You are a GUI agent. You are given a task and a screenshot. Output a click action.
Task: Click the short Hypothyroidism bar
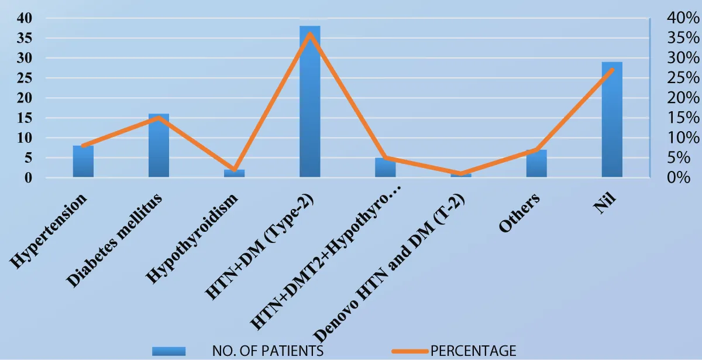(x=234, y=173)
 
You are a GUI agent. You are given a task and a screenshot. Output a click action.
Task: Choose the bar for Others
(x=536, y=166)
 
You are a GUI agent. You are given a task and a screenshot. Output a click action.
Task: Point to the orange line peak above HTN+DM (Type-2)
(x=309, y=33)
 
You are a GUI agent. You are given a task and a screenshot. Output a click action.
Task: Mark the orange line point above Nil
(x=611, y=70)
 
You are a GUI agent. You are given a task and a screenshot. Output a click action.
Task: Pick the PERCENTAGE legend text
(x=473, y=351)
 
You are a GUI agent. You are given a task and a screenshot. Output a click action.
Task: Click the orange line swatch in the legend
(x=409, y=351)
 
